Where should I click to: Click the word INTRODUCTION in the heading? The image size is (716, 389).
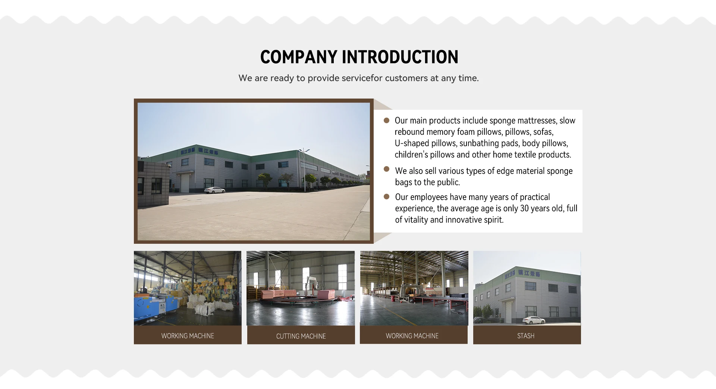click(400, 57)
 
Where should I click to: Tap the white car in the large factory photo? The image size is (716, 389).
click(214, 190)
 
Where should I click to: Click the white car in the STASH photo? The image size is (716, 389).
click(534, 320)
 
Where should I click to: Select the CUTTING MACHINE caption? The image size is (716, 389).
click(301, 336)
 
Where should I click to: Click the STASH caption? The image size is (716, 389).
click(526, 336)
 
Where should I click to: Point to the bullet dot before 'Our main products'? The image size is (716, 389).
click(387, 120)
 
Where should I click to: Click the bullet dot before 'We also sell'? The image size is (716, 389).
click(387, 169)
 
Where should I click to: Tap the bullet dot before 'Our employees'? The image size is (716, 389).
click(387, 196)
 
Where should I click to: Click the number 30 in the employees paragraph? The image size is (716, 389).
click(524, 208)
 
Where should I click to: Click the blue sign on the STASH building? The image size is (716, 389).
click(522, 274)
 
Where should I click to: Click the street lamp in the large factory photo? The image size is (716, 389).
click(304, 170)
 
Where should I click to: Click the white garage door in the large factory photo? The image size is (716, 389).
click(185, 183)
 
